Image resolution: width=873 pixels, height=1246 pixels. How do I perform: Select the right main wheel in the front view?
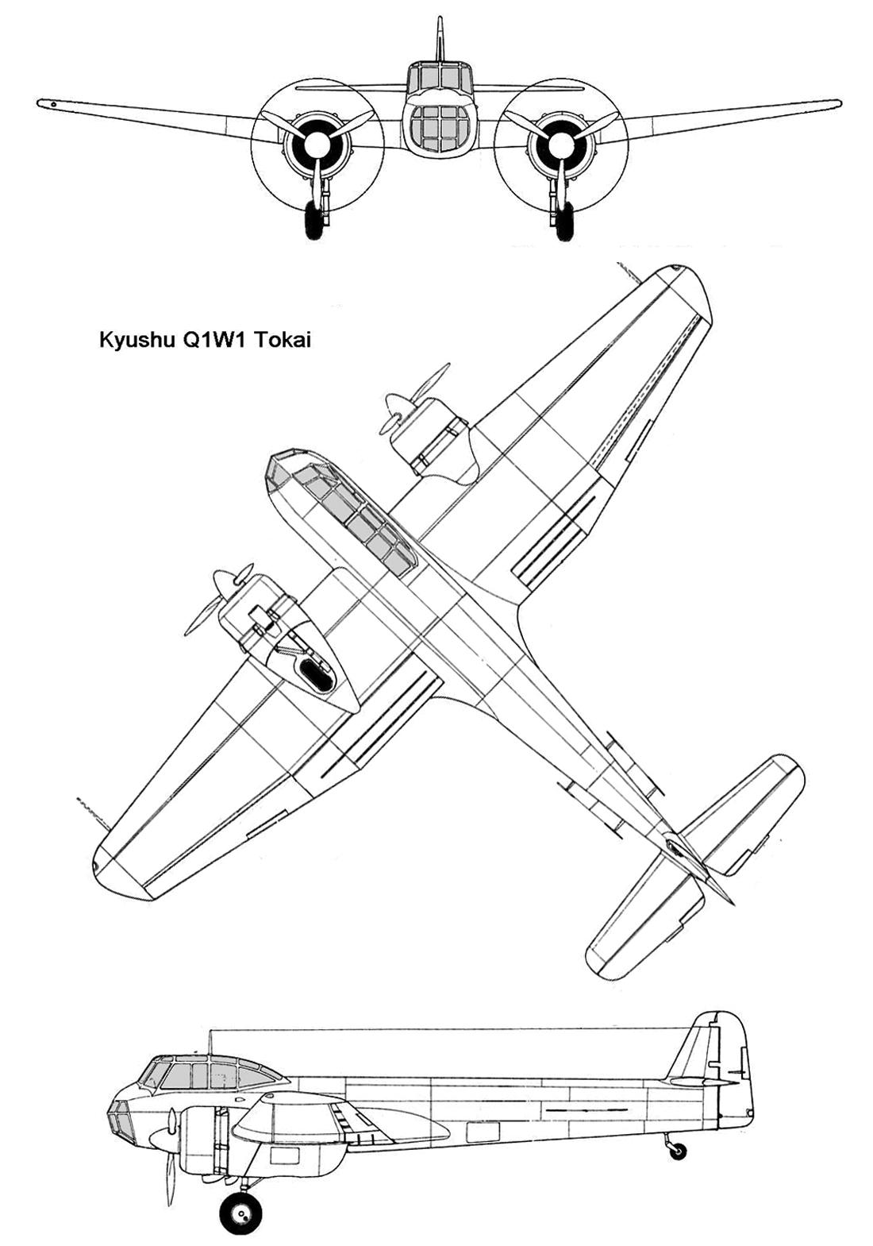[563, 220]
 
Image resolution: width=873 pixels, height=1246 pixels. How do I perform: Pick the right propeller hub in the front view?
[562, 144]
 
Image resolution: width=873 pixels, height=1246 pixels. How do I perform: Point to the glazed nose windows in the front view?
[440, 127]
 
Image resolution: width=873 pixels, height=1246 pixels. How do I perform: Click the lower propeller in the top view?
[217, 600]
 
